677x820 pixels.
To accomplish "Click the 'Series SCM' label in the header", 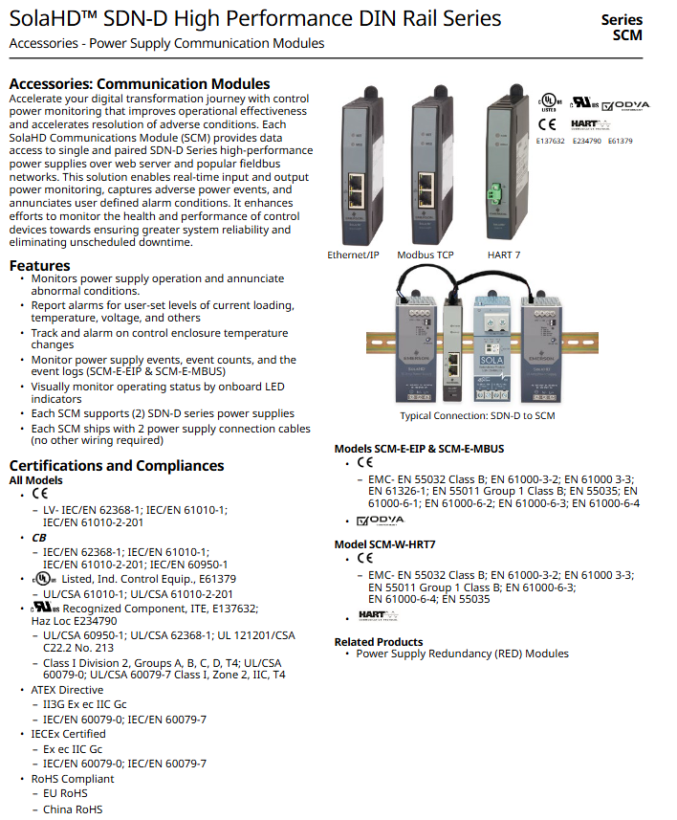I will (x=622, y=27).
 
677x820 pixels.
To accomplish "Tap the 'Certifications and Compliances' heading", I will (x=116, y=465).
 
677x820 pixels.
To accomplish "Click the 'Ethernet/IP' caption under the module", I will (x=353, y=255).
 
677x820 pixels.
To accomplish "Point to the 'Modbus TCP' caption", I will (x=427, y=255).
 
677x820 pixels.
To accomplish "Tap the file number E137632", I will (x=552, y=141).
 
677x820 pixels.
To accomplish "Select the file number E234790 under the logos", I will (x=587, y=141).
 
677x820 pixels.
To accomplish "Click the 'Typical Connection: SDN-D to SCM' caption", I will (x=476, y=415).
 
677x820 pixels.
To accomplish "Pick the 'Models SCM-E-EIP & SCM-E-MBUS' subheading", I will (x=419, y=448).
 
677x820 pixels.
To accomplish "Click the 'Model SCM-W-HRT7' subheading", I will (x=384, y=543).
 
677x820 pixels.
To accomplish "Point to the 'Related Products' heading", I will (x=378, y=641).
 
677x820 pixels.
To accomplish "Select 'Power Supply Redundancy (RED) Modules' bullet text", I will (x=462, y=654).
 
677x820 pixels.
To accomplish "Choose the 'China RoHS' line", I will (x=73, y=809).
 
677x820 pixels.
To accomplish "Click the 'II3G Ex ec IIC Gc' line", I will (x=84, y=704).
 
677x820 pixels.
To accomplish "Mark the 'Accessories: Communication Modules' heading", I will (x=140, y=84).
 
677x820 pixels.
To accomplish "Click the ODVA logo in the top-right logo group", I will (x=625, y=104).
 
